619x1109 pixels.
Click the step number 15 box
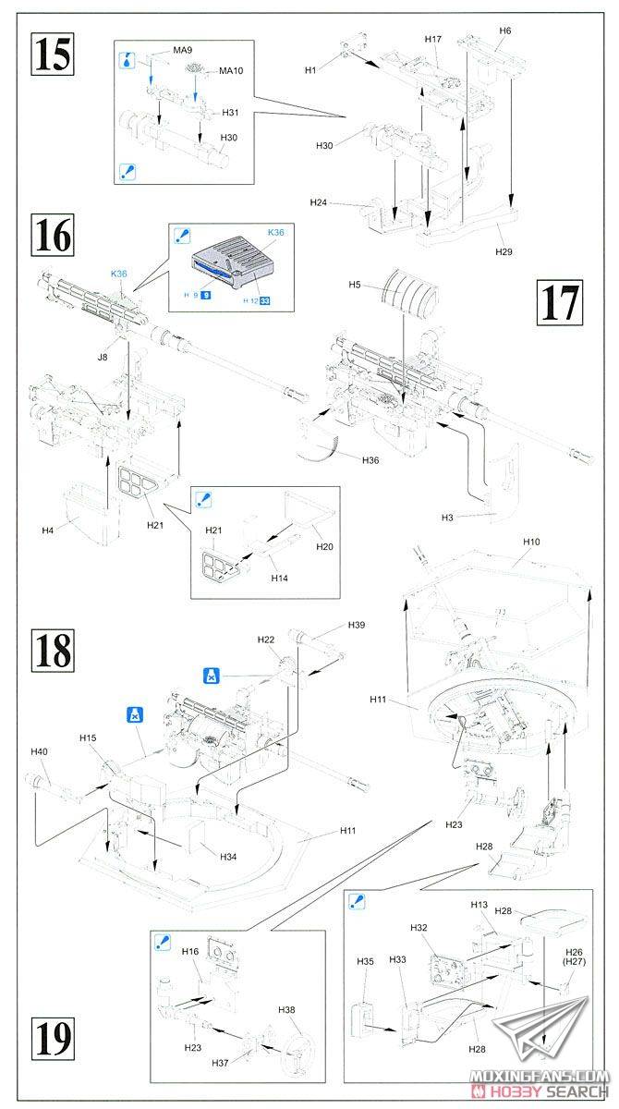click(x=53, y=54)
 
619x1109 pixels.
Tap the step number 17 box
click(x=560, y=302)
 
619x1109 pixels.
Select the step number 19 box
click(x=53, y=1038)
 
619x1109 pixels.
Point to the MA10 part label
click(x=231, y=71)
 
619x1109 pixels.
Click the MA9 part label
click(x=183, y=50)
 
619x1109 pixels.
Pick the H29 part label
click(x=504, y=251)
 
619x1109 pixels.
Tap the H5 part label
click(x=355, y=285)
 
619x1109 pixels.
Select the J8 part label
click(x=103, y=357)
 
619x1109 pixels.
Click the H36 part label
click(x=370, y=460)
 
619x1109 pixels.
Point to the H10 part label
click(x=531, y=542)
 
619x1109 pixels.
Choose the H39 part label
click(x=357, y=625)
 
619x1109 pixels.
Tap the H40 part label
click(x=39, y=751)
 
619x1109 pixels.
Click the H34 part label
click(x=228, y=857)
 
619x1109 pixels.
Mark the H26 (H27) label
click(x=574, y=957)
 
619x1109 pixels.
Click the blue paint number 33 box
click(x=265, y=300)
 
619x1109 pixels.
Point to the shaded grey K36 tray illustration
click(x=231, y=262)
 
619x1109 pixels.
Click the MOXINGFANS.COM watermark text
click(x=539, y=1076)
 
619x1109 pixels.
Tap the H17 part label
click(x=433, y=39)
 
